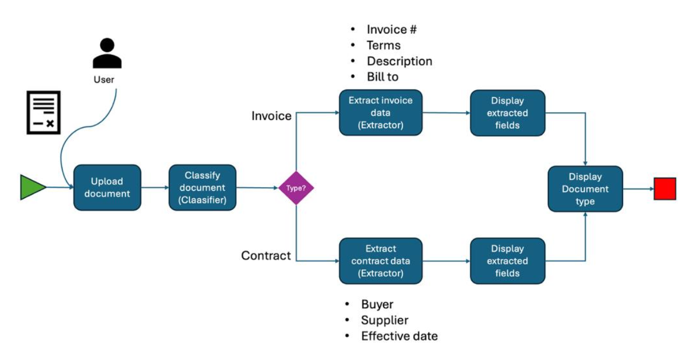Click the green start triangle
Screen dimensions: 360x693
coord(32,187)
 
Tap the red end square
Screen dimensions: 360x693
coord(664,188)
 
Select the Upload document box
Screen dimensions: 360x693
coord(107,188)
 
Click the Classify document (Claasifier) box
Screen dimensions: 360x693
coord(202,187)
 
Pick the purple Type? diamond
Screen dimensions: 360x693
coord(296,188)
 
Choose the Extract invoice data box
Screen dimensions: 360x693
coord(380,113)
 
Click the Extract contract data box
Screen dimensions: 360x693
coord(380,261)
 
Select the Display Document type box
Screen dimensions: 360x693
coord(585,189)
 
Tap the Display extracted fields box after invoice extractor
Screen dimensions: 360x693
coord(507,113)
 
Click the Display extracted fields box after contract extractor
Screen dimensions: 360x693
coord(507,261)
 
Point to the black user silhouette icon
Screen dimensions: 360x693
coord(107,54)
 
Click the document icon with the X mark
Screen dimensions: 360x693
coord(43,113)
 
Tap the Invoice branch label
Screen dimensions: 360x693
coord(271,116)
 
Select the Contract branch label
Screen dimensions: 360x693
coord(266,255)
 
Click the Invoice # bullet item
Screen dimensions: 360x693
coord(391,30)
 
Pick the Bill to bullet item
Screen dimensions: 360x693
coord(383,77)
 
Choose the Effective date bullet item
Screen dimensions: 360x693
coord(399,336)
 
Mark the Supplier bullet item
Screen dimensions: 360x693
coord(384,320)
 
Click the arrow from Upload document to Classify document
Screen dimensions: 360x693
coord(155,188)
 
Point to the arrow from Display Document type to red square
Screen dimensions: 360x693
coord(638,188)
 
